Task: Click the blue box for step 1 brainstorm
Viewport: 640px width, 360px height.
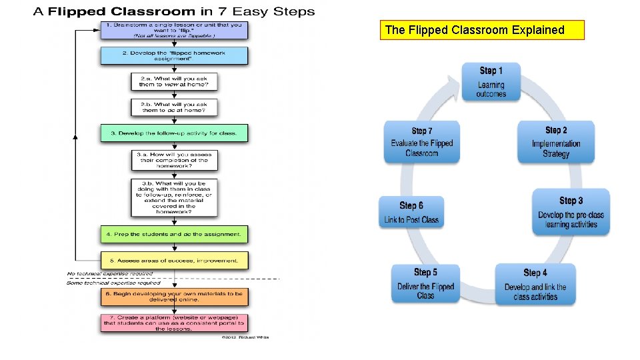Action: pyautogui.click(x=174, y=31)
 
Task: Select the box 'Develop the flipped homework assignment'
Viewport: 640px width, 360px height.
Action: pyautogui.click(x=174, y=55)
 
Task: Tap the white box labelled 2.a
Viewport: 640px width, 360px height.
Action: pyautogui.click(x=174, y=81)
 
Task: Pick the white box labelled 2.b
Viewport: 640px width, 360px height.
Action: pyautogui.click(x=174, y=107)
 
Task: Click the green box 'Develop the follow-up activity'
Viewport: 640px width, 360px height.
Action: pyautogui.click(x=174, y=133)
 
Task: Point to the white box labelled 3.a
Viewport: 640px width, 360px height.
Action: pyautogui.click(x=174, y=160)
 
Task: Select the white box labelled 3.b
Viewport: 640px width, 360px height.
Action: pyautogui.click(x=174, y=197)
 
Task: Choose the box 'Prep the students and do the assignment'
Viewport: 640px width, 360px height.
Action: pyautogui.click(x=174, y=234)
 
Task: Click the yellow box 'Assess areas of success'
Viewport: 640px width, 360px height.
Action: pyautogui.click(x=174, y=260)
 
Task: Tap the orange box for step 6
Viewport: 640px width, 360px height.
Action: pyautogui.click(x=174, y=297)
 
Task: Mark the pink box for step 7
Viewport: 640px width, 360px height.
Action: pyautogui.click(x=174, y=323)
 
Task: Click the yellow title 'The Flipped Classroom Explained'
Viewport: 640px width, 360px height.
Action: pyautogui.click(x=482, y=30)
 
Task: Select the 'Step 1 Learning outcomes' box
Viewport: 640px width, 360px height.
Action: pyautogui.click(x=491, y=81)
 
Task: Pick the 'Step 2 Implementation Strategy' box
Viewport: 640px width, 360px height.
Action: pyautogui.click(x=556, y=141)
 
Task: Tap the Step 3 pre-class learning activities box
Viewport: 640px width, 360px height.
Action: pyautogui.click(x=571, y=211)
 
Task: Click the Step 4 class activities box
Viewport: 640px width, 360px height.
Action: pyautogui.click(x=535, y=284)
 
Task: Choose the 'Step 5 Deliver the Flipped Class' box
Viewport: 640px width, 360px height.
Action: pyautogui.click(x=425, y=283)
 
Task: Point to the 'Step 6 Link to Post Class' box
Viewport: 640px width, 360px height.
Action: pyautogui.click(x=411, y=212)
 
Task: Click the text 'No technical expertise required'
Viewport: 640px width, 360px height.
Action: pyautogui.click(x=110, y=274)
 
